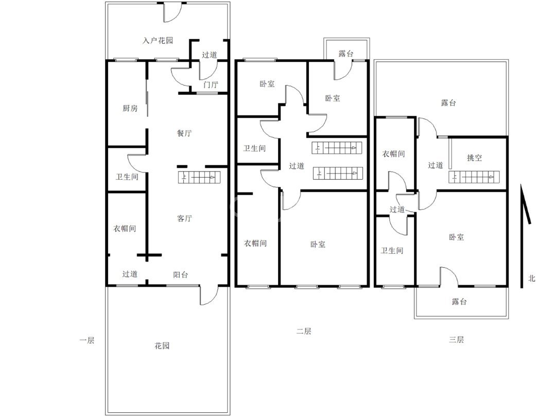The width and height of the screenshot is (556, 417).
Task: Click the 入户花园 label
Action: point(158,41)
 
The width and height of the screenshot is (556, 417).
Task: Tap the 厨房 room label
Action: point(130,108)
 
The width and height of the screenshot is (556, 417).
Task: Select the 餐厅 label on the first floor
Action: point(184,133)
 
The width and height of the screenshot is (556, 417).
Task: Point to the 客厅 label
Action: point(184,218)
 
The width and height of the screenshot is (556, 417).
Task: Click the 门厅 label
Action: point(211,85)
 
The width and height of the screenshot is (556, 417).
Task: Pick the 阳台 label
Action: point(181,274)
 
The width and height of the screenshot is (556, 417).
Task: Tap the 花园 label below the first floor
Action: point(162,345)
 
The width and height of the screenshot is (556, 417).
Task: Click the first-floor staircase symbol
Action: point(199,177)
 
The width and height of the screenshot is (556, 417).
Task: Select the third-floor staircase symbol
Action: point(474,177)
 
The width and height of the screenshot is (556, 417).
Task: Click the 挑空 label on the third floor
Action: point(475,158)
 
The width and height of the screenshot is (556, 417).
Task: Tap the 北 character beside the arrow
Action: point(531,279)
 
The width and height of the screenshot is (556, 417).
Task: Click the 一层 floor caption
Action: point(86,340)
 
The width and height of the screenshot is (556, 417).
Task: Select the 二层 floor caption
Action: point(304,332)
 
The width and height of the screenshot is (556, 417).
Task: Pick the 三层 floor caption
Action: point(456,340)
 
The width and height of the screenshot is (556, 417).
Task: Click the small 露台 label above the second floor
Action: point(346,54)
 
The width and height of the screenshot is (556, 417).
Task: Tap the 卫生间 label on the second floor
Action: point(254,148)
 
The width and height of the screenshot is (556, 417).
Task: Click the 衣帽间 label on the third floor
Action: point(393,153)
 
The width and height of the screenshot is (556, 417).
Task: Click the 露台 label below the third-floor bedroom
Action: point(459,301)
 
